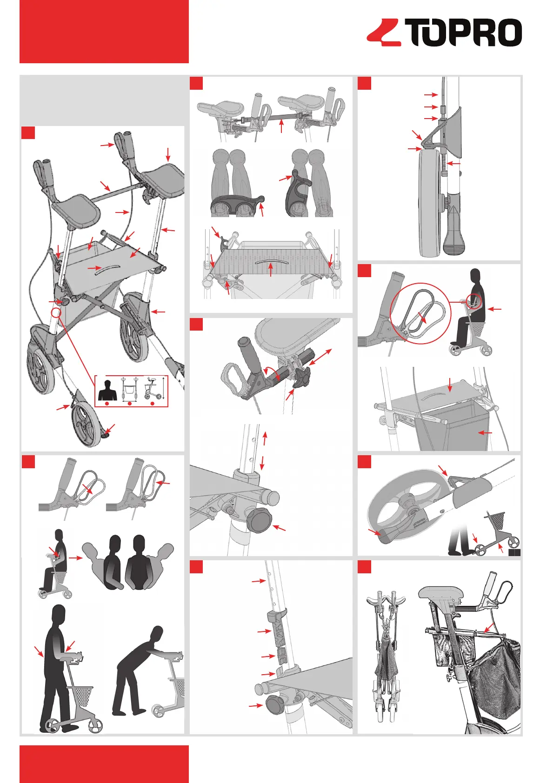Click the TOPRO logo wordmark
tap(463, 33)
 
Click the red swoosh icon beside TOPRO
tap(384, 33)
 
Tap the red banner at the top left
tap(104, 31)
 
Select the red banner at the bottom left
tap(104, 763)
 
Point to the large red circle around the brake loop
tap(420, 313)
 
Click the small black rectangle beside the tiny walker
tap(514, 553)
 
